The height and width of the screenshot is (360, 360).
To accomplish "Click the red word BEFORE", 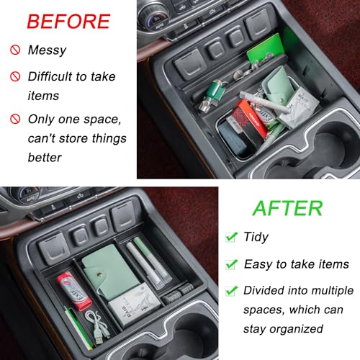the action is [x=68, y=22].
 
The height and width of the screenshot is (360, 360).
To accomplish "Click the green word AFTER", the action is [x=288, y=208].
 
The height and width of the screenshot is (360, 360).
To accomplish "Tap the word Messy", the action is [x=47, y=50].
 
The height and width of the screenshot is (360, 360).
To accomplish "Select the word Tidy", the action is [x=256, y=237].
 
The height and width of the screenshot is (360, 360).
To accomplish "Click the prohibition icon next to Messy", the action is [x=15, y=50].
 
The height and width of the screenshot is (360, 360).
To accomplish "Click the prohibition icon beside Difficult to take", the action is [x=15, y=76].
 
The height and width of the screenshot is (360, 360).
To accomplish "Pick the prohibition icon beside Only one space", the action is [x=15, y=119].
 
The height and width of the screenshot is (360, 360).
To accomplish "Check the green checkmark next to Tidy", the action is [x=231, y=237].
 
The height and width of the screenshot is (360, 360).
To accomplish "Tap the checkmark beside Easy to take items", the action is [x=231, y=264].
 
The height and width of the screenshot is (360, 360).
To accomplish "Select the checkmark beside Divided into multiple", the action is [x=231, y=290].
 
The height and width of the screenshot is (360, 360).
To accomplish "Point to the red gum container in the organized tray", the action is [x=74, y=291].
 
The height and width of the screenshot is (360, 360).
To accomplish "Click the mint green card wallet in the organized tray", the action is [x=109, y=271].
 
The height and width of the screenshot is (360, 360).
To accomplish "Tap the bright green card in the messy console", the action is [x=265, y=50].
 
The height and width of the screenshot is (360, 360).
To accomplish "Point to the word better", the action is [x=45, y=158].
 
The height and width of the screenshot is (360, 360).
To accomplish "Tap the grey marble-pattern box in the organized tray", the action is [x=135, y=305].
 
